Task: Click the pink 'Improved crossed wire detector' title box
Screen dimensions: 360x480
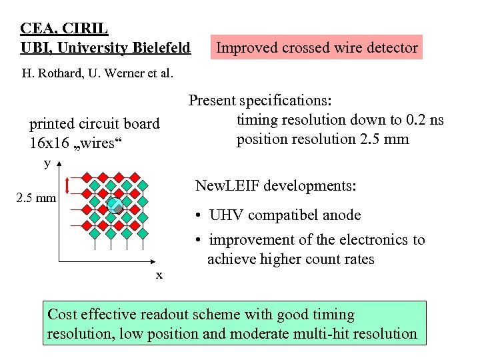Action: point(317,47)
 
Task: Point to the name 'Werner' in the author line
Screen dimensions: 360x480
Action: point(123,73)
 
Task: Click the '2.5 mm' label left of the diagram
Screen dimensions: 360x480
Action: point(36,198)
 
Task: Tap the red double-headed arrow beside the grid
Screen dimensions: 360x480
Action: point(67,189)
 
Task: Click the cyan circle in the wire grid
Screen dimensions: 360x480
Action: point(115,205)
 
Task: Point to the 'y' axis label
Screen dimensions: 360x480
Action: point(47,163)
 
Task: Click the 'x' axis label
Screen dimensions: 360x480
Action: point(159,275)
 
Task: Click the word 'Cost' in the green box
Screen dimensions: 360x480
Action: point(63,315)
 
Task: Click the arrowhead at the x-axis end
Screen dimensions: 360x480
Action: point(161,259)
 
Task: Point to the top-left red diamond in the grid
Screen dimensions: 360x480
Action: point(84,177)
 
